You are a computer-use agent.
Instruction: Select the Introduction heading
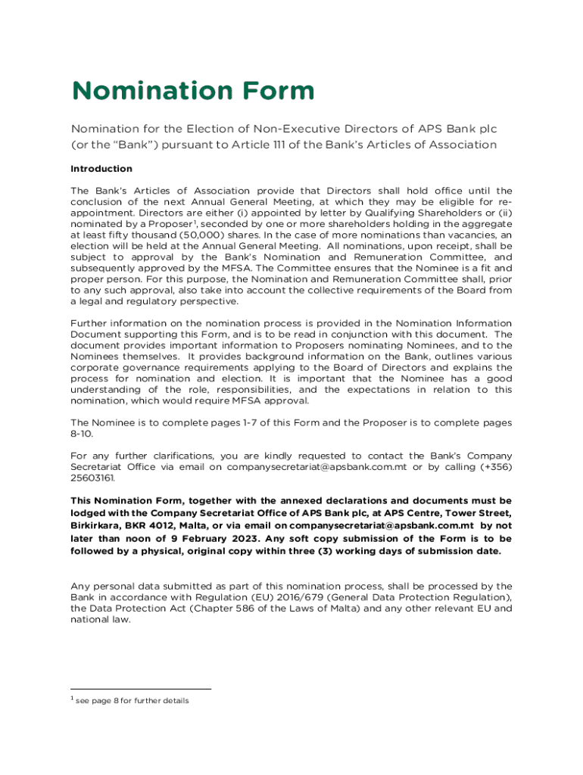click(101, 169)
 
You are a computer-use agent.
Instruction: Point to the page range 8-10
click(83, 434)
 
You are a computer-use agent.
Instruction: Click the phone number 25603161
click(92, 478)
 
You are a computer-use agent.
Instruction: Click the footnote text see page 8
click(107, 701)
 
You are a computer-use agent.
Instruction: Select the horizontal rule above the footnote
click(141, 689)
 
